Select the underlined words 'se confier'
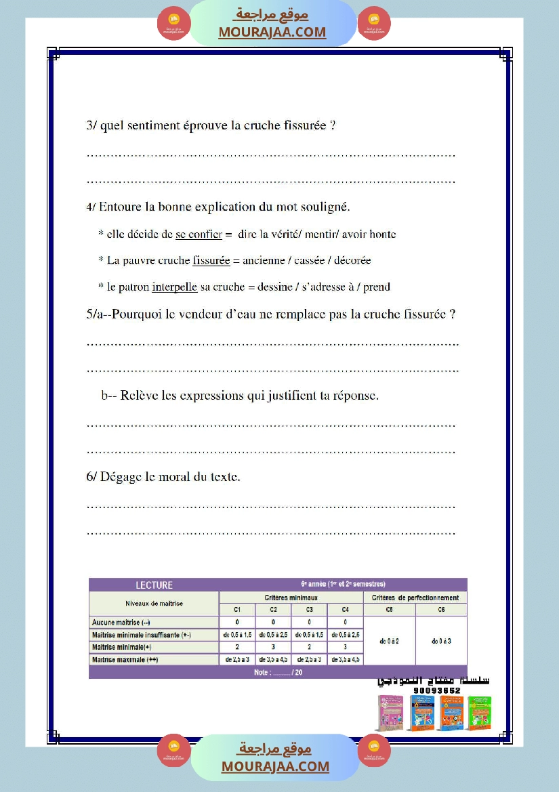[199, 234]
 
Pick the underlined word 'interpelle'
[174, 287]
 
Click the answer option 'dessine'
[271, 287]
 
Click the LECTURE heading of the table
[154, 585]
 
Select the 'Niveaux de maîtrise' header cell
[154, 603]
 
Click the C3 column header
[309, 610]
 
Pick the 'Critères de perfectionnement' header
[415, 598]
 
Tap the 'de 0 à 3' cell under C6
[441, 640]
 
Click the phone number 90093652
[436, 690]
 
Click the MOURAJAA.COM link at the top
[272, 32]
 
